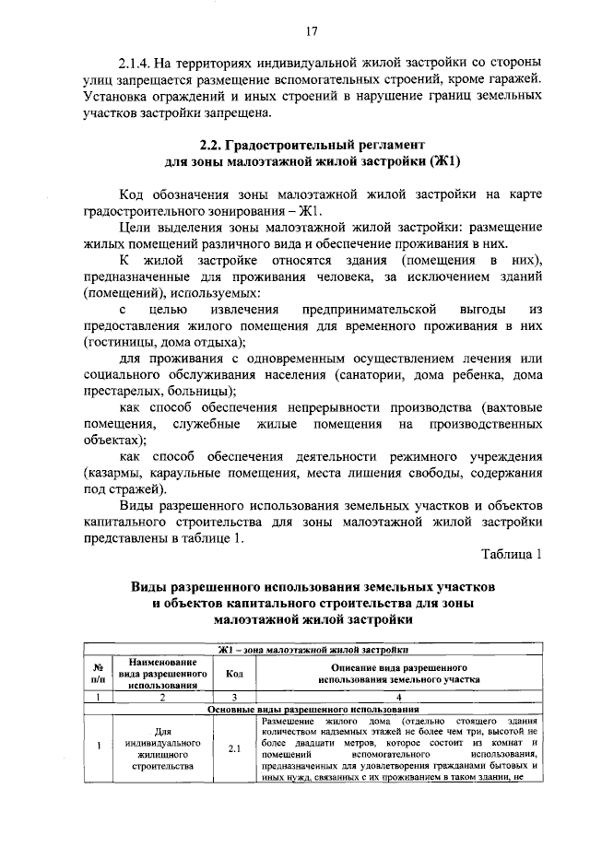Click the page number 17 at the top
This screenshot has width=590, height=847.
[311, 31]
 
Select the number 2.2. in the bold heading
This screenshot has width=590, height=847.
[215, 145]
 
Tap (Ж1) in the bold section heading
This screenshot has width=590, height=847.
[440, 161]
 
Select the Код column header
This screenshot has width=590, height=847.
[235, 673]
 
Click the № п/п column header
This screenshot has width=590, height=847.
[95, 673]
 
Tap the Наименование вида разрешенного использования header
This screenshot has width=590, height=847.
[163, 673]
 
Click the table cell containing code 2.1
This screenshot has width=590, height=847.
[235, 748]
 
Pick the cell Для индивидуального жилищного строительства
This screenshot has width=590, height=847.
[163, 748]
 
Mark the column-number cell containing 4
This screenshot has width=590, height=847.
[398, 697]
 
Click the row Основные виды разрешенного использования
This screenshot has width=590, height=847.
[313, 709]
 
